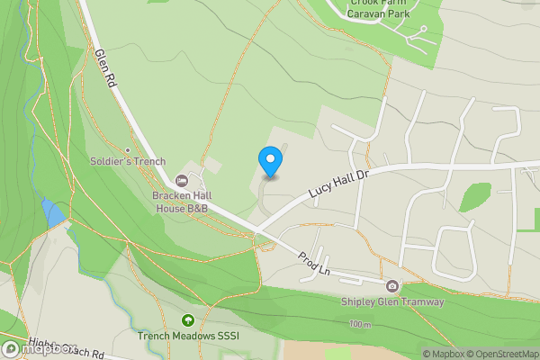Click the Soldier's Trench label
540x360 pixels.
click(125, 161)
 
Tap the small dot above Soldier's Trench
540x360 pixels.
click(128, 150)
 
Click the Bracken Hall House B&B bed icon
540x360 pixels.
click(181, 182)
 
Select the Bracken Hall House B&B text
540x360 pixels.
click(180, 202)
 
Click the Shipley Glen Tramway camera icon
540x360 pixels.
click(391, 287)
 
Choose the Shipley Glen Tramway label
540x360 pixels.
click(392, 302)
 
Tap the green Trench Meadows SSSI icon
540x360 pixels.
click(187, 320)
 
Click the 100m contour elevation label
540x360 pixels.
click(360, 324)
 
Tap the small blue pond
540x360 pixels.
click(52, 214)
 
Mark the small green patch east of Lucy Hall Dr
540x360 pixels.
click(475, 196)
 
